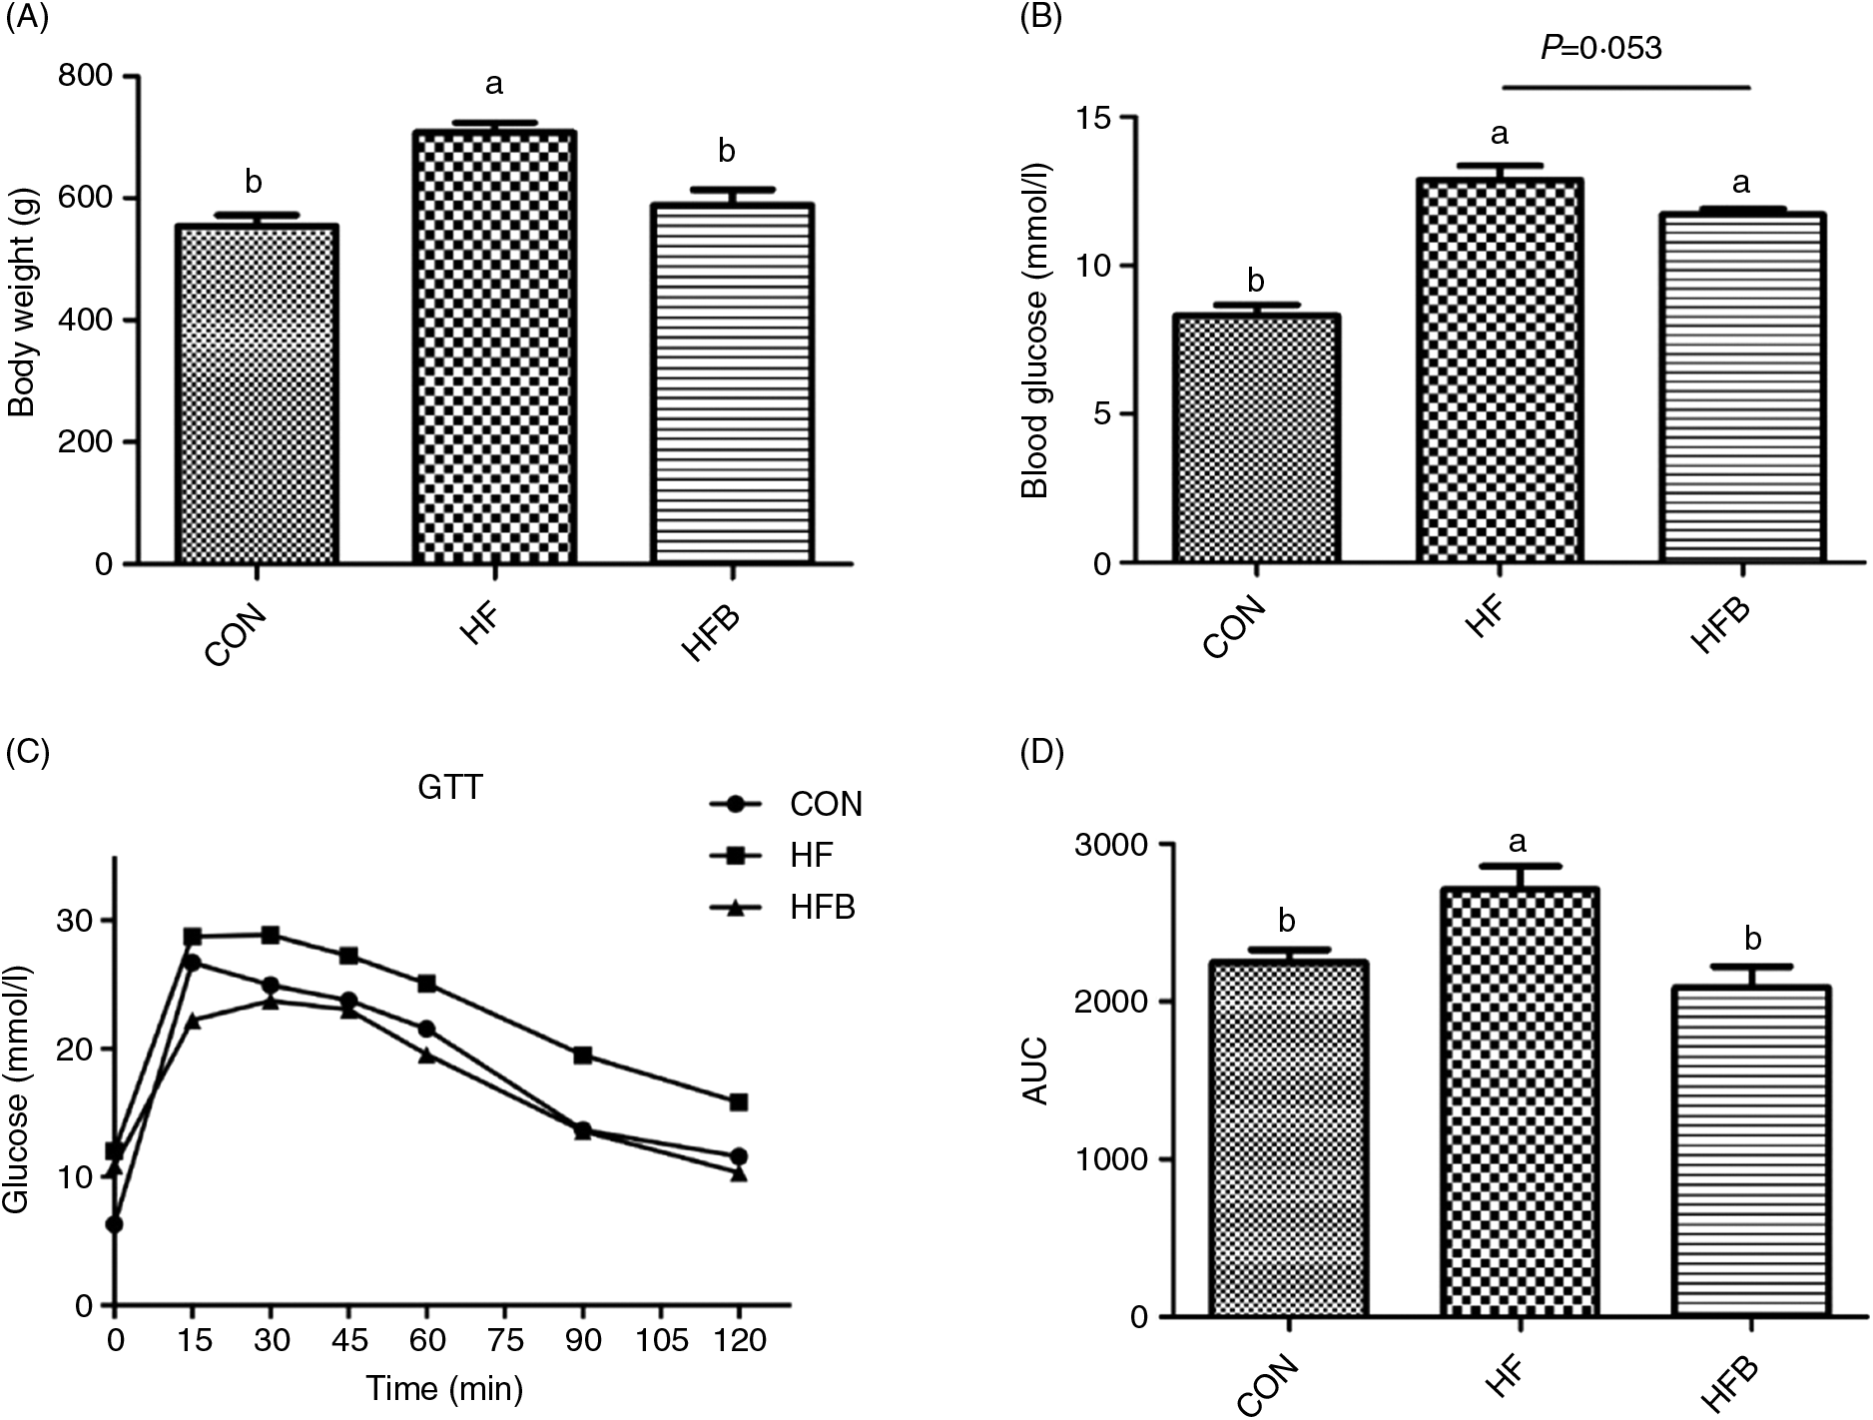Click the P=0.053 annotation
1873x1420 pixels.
[1600, 48]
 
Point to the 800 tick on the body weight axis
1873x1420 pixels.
[90, 77]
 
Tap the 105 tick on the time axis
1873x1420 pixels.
[663, 1340]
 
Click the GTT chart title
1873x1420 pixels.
[450, 788]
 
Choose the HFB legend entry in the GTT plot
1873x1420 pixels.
[784, 908]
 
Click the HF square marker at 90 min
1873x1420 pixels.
[583, 1056]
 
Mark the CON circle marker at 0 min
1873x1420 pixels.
[115, 1224]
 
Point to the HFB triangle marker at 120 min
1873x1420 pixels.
[739, 1174]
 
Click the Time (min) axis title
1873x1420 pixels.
[442, 1389]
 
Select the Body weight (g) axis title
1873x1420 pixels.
[22, 320]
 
